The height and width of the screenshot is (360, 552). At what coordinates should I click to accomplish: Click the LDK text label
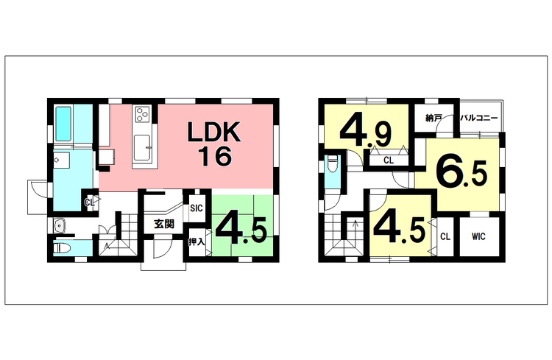213,133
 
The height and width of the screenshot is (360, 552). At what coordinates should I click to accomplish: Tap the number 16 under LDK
214,155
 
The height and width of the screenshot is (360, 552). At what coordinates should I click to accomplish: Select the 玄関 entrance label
163,224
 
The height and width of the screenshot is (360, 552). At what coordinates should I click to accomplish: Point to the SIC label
196,208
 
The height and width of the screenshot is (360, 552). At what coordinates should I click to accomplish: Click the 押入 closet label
196,241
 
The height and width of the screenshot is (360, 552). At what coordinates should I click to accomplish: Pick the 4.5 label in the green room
242,230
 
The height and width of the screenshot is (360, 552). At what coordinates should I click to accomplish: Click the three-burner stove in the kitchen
141,113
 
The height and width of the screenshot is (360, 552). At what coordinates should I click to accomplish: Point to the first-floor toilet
63,249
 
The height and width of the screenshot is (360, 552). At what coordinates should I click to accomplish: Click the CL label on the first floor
89,202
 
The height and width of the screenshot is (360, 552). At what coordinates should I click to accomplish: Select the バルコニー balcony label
479,118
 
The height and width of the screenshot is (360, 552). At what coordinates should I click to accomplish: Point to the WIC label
479,237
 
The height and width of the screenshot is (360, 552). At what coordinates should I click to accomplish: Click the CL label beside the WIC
445,237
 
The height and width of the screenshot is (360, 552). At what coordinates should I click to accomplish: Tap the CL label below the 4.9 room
387,160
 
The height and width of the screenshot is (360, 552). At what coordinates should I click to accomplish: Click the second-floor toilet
332,167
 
